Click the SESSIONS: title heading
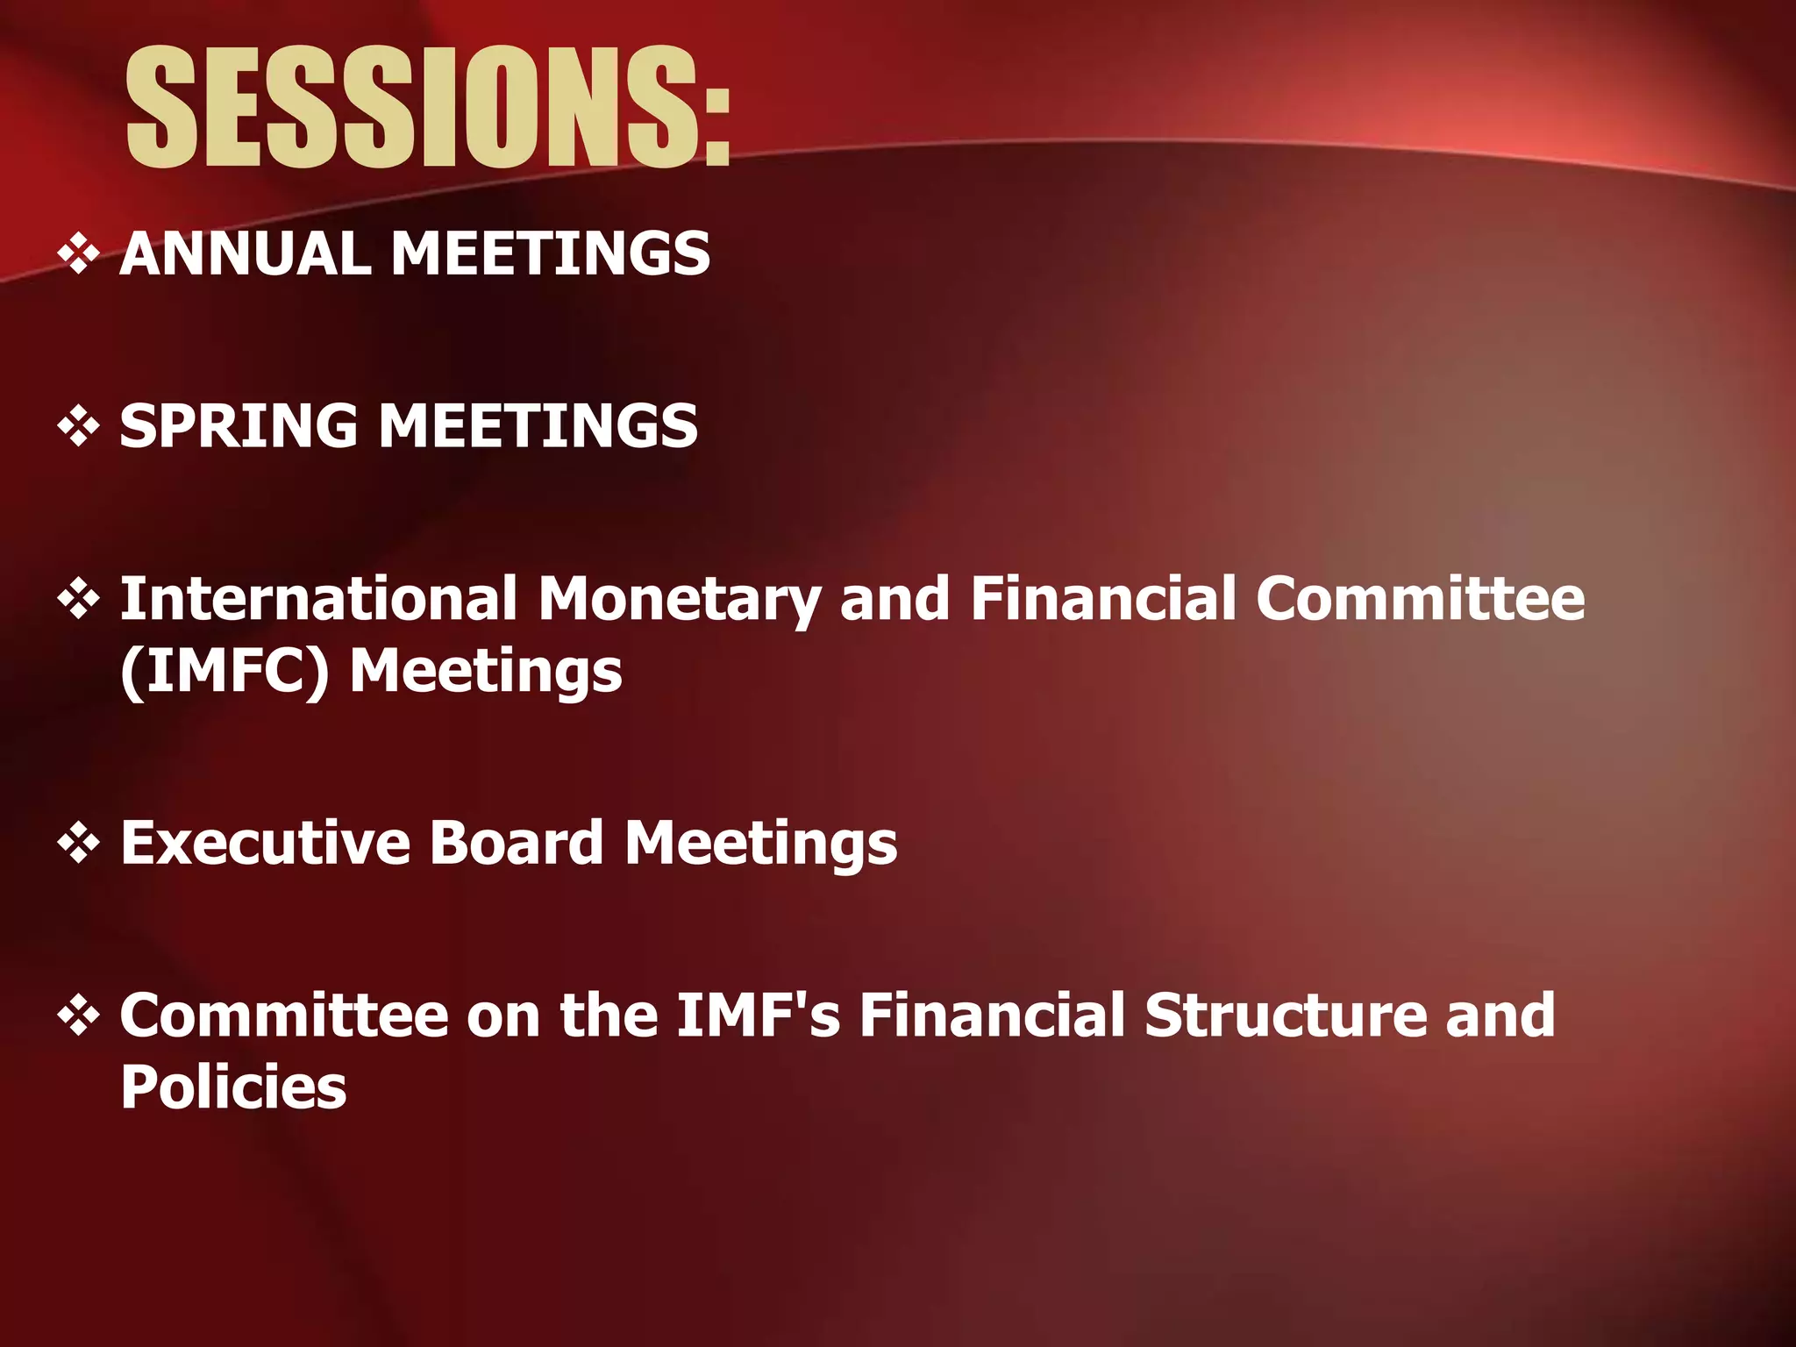(x=428, y=107)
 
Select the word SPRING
(x=239, y=427)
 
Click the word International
(x=317, y=599)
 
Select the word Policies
(x=233, y=1088)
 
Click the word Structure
(x=1286, y=1016)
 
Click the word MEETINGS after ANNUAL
(x=550, y=254)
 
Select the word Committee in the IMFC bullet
(x=1421, y=599)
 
